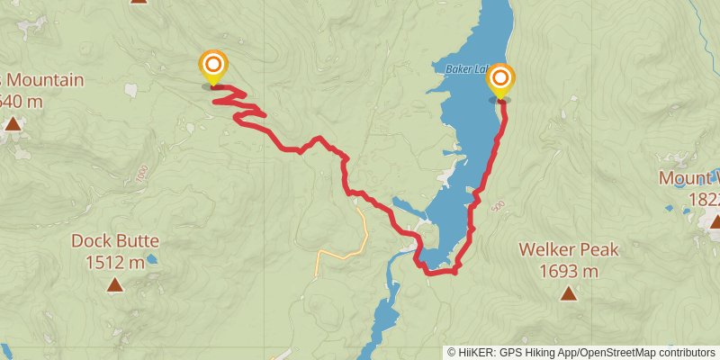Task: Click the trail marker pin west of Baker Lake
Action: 213,66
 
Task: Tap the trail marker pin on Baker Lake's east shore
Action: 499,80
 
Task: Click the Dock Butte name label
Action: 115,240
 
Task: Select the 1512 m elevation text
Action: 115,263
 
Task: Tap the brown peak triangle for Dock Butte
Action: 115,285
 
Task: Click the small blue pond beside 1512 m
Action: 152,260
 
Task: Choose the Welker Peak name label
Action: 569,249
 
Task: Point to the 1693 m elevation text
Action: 569,271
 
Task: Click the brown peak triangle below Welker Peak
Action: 569,292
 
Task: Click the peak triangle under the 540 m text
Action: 13,123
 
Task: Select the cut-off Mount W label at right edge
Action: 689,177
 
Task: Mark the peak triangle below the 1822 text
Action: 715,220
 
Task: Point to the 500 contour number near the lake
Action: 499,206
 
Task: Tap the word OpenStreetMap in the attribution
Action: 621,352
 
